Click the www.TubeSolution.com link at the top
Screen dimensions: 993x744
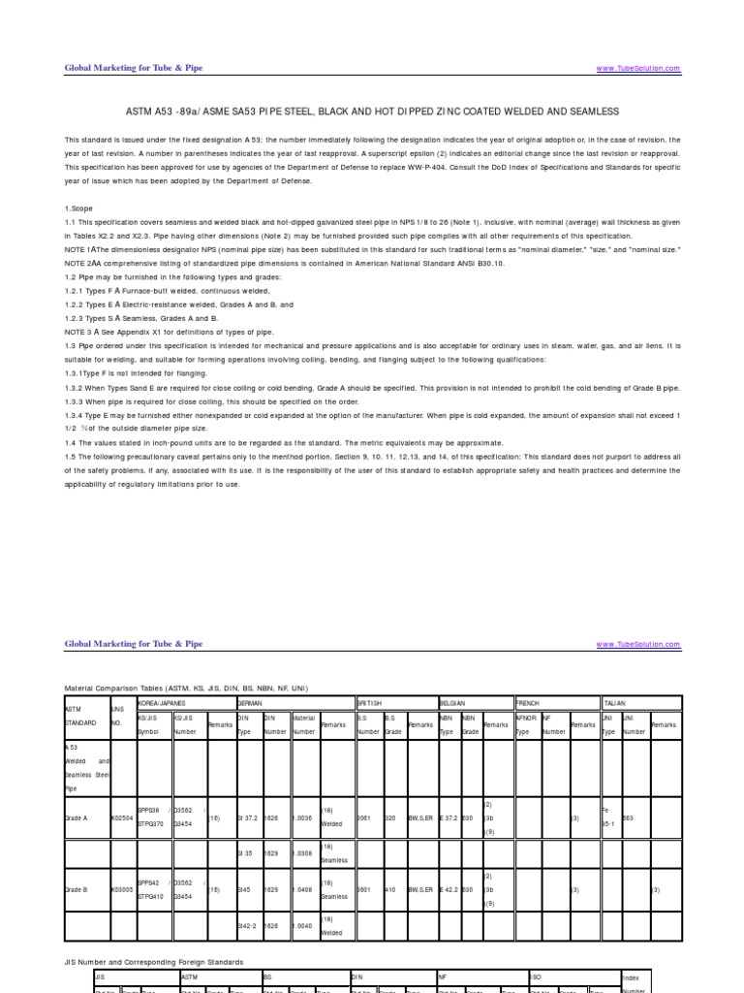[x=638, y=69]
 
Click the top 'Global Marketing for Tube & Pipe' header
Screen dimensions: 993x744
[x=134, y=68]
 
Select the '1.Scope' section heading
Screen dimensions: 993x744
[x=79, y=208]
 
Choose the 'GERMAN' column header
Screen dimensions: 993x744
[x=251, y=702]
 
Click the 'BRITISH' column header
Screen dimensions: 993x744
[x=371, y=702]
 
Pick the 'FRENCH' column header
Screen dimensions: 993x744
[x=529, y=702]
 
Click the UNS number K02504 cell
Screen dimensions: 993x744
[x=122, y=818]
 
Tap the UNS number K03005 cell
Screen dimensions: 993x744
[x=122, y=888]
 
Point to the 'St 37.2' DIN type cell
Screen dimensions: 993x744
[x=249, y=818]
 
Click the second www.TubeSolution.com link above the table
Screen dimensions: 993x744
[x=638, y=644]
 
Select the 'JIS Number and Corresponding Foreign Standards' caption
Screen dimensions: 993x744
[x=155, y=961]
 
